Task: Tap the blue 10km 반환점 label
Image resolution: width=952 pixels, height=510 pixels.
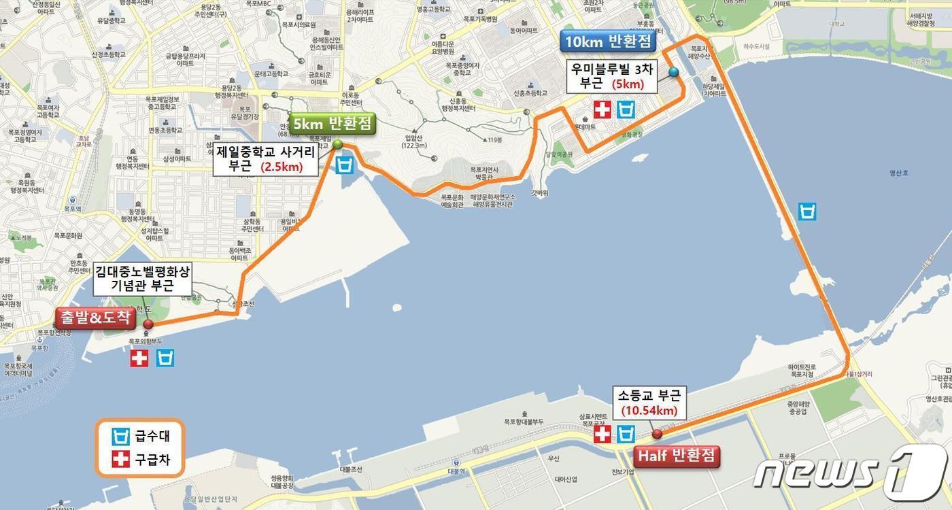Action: (608, 41)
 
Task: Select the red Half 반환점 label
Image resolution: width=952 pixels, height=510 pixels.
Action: (677, 456)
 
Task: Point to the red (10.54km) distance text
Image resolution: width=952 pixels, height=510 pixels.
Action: (649, 410)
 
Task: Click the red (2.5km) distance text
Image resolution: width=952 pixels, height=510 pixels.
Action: (282, 166)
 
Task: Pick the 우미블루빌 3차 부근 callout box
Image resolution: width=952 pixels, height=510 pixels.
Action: (612, 76)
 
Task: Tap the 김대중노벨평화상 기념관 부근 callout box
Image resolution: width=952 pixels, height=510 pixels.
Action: (142, 278)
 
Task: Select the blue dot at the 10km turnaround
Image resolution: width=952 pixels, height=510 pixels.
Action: (673, 71)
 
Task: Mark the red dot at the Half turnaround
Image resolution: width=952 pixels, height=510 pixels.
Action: (657, 434)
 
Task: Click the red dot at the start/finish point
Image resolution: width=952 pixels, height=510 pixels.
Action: (148, 324)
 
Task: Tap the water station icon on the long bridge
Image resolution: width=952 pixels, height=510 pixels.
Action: (807, 211)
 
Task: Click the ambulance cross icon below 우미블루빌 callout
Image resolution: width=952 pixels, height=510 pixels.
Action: (602, 109)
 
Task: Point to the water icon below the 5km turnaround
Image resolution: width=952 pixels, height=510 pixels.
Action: (345, 165)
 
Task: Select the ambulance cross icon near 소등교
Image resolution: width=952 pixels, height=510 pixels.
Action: (602, 434)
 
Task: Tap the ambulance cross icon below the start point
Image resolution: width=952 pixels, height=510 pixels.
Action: (139, 358)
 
